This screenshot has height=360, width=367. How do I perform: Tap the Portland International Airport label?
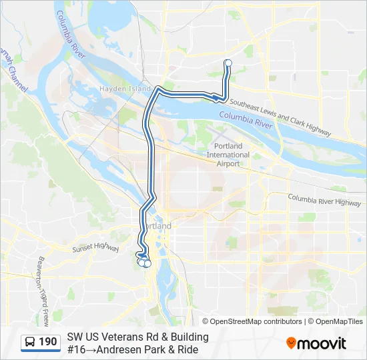tap(228, 155)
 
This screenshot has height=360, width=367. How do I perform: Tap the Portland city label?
tap(158, 226)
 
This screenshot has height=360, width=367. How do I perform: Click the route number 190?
tap(48, 342)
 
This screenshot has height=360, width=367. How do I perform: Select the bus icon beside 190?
tap(30, 342)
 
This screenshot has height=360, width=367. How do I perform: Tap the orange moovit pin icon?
tap(291, 343)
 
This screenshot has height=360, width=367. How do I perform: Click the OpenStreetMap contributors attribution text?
tap(246, 321)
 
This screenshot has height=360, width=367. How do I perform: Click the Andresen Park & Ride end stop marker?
tap(228, 63)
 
